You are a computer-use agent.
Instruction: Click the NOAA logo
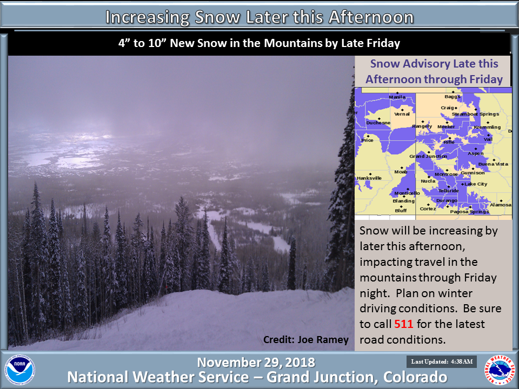point(20,370)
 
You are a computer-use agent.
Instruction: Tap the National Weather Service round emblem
point(500,370)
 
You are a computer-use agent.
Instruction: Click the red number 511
point(403,324)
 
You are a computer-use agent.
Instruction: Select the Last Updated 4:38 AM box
point(442,361)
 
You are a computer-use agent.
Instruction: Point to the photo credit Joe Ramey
point(306,340)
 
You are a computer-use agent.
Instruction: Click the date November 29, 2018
point(256,363)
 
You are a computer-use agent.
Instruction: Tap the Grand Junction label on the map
point(428,156)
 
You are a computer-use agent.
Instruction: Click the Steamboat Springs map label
point(475,114)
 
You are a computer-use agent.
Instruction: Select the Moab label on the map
point(401,172)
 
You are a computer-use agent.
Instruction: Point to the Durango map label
point(447,200)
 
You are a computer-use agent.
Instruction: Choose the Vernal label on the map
point(402,114)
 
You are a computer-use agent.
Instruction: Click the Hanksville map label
point(369,178)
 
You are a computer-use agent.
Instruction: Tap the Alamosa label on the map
point(501,205)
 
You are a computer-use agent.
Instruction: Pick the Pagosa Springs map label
point(469,212)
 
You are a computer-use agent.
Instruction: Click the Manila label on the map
point(397,97)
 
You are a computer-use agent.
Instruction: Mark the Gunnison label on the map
point(473,173)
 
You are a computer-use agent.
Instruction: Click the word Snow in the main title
point(217,17)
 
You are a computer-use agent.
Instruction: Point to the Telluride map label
point(449,191)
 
